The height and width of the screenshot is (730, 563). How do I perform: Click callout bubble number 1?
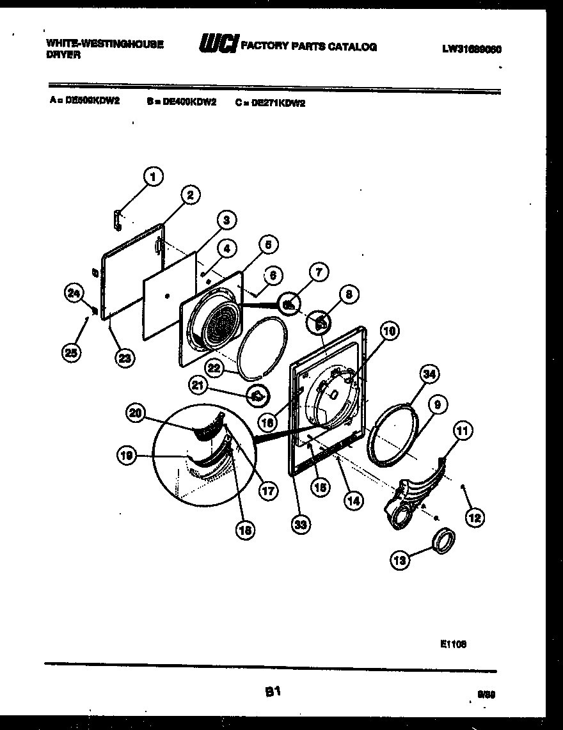152,176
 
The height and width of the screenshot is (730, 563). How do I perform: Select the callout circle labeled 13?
400,560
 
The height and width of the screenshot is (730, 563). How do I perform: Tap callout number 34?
430,374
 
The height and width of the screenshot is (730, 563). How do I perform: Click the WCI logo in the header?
219,45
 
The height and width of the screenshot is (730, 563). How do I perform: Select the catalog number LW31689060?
471,48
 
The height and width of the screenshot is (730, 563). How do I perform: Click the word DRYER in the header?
63,55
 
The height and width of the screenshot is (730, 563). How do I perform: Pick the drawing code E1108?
453,644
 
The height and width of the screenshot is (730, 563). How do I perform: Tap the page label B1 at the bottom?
273,691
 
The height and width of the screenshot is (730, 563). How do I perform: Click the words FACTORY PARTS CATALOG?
308,46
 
